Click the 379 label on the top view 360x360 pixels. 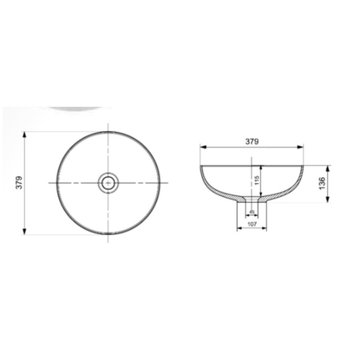coord(19,183)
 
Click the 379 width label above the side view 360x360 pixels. coord(252,142)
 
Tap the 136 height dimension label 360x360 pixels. coord(322,183)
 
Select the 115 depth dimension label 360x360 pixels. coord(256,180)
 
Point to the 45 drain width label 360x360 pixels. coord(252,212)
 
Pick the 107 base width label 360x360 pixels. coord(252,224)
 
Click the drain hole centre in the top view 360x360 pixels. coord(108,183)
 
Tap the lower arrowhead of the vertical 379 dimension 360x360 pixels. coord(24,232)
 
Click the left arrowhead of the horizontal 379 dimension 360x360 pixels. coord(204,147)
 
